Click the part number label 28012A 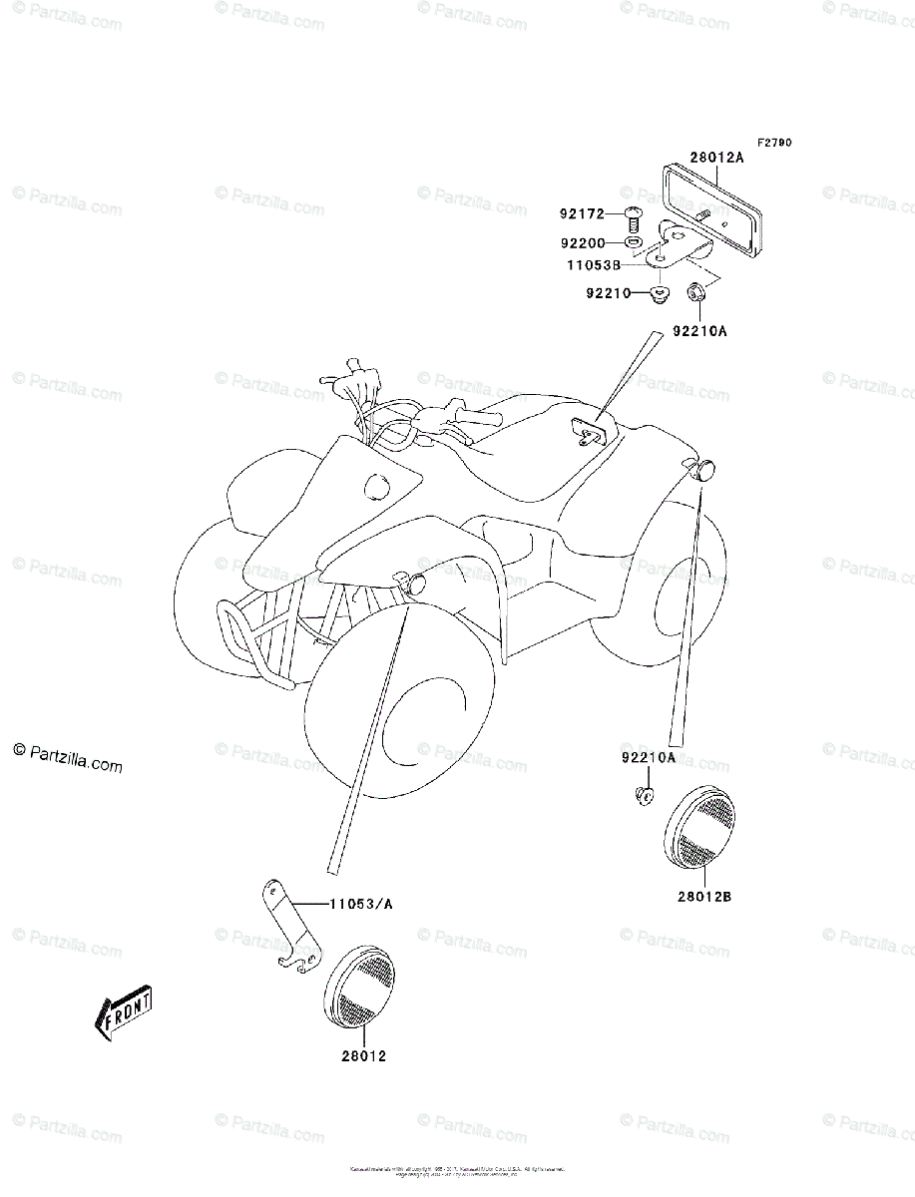(716, 158)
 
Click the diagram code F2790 (773, 143)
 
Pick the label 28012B (704, 896)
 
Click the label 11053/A (361, 904)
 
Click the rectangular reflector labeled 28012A (710, 204)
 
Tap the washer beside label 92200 (633, 242)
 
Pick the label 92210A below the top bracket (699, 330)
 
